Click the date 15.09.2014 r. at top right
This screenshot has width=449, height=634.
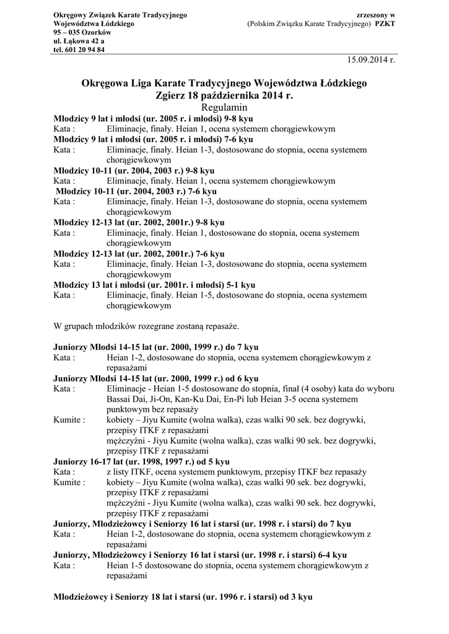coord(370,60)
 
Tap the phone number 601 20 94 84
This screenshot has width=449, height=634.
coord(85,50)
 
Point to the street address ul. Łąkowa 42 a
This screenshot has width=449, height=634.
coord(79,41)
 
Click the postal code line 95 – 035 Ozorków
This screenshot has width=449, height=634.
coord(82,32)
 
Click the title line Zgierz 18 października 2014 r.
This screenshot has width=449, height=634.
coord(224,95)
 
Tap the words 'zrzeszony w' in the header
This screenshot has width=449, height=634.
coord(377,14)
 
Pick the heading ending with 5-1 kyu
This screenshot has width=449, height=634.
coord(154,285)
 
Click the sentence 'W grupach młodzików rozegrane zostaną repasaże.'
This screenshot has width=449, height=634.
coord(146,326)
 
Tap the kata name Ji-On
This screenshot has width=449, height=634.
coord(159,399)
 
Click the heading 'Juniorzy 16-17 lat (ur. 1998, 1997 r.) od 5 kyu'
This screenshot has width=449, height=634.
coord(142,461)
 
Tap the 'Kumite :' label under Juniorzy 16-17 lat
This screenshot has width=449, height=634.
coord(69,482)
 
